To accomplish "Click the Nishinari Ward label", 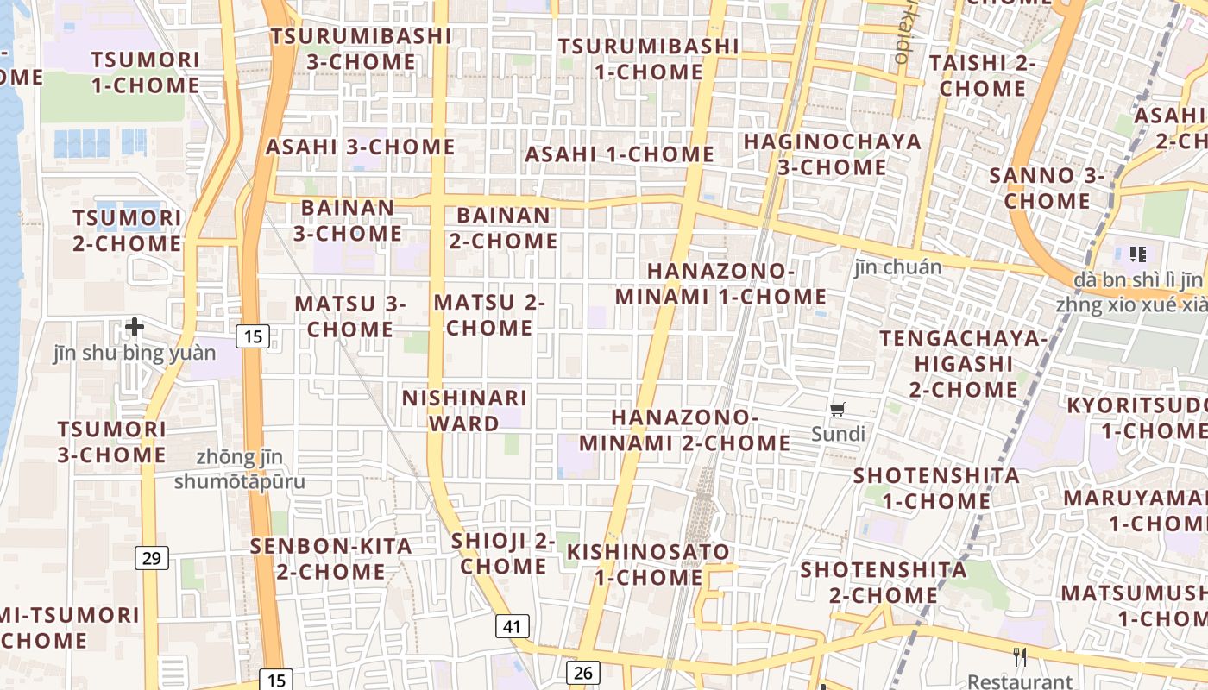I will click(x=464, y=411).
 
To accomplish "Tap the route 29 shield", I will click(x=151, y=558).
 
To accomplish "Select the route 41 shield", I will click(x=512, y=626).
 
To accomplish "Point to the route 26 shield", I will click(x=582, y=673).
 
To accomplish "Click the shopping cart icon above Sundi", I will click(x=837, y=409).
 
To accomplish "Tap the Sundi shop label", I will click(x=837, y=433).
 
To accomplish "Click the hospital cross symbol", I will click(x=134, y=327).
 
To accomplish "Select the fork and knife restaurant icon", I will click(x=1021, y=657).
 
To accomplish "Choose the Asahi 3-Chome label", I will click(x=360, y=147).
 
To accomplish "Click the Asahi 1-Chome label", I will click(x=620, y=154).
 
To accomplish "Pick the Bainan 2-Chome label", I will click(x=503, y=228).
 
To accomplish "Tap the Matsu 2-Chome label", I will click(x=489, y=316).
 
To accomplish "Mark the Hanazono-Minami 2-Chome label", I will click(x=684, y=430).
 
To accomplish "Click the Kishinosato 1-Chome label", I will click(x=648, y=564).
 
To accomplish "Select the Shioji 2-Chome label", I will click(x=503, y=553).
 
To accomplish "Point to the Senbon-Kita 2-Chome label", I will click(x=330, y=559).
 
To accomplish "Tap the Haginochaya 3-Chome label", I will click(x=832, y=154).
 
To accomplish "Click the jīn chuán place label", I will click(x=897, y=267).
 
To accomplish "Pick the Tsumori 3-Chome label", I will click(x=111, y=442).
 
